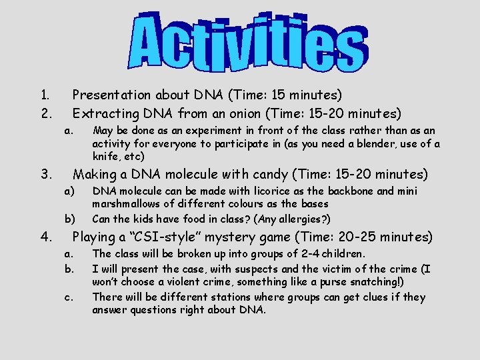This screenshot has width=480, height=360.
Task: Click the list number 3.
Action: (x=43, y=175)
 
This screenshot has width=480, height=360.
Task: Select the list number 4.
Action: (x=43, y=237)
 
